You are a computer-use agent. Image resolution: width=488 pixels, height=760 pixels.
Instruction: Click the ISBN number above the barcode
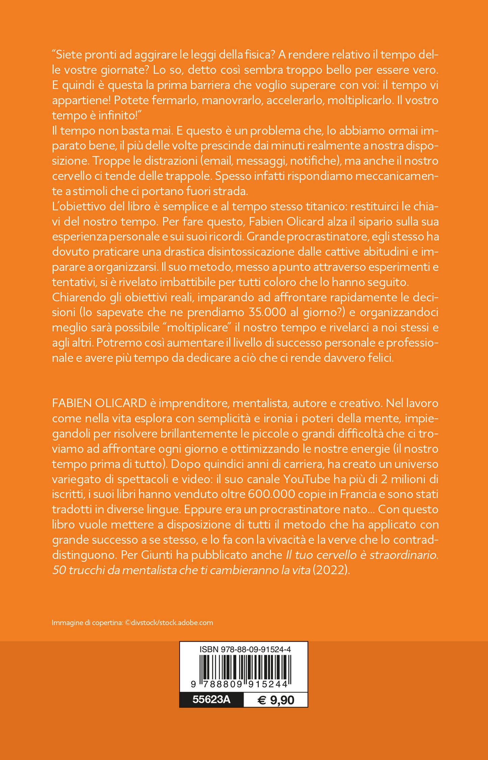click(x=245, y=649)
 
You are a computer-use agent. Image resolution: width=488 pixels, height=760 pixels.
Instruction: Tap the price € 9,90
click(x=276, y=700)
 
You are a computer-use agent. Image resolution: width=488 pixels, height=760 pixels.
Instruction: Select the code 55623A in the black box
click(x=211, y=699)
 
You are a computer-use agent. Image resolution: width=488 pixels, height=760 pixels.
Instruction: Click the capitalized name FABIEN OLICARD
click(x=99, y=403)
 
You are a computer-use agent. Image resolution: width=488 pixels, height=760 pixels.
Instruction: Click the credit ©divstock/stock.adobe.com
click(x=169, y=623)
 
